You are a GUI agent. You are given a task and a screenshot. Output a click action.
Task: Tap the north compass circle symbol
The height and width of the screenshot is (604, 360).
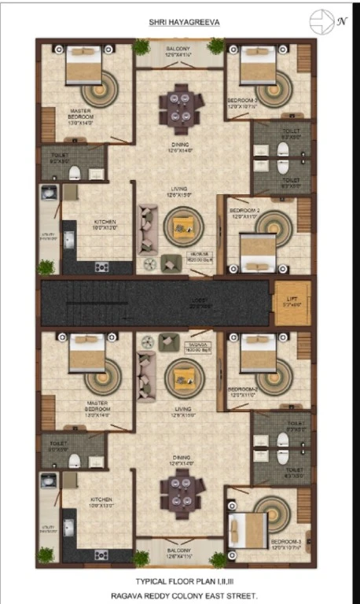point(321,20)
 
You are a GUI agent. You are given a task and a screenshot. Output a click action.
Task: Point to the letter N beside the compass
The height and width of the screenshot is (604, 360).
point(342,21)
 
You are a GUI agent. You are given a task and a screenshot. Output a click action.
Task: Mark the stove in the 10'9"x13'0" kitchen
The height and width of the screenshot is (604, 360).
point(101,555)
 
